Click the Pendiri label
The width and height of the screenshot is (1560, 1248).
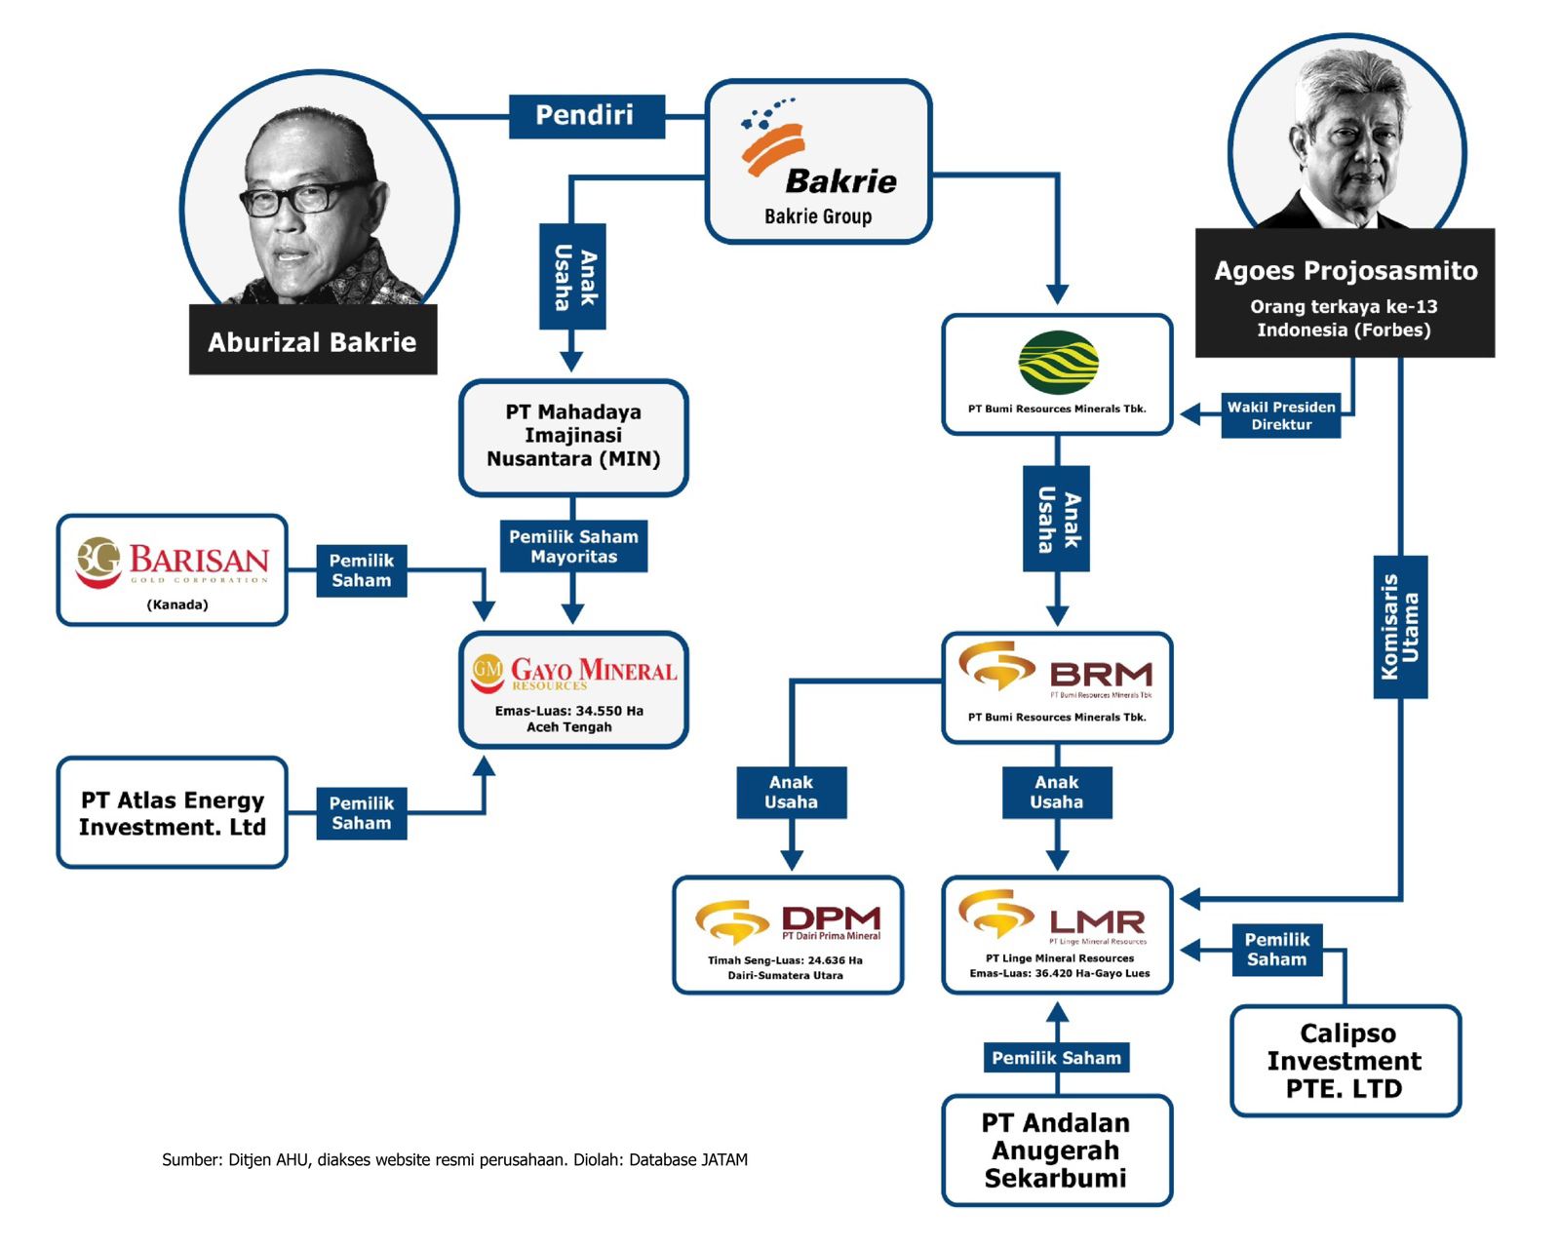pyautogui.click(x=586, y=116)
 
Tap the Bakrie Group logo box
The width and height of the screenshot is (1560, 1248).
pyautogui.click(x=818, y=162)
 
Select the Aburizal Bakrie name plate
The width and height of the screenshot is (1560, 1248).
pyautogui.click(x=312, y=341)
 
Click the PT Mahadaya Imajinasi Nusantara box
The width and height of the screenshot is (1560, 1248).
pyautogui.click(x=573, y=437)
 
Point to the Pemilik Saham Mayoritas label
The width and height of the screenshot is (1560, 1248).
pyautogui.click(x=573, y=546)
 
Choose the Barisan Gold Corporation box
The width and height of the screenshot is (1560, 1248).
pyautogui.click(x=173, y=570)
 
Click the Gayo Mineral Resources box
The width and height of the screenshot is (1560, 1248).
pyautogui.click(x=573, y=690)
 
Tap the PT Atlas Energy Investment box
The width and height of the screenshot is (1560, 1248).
pyautogui.click(x=173, y=812)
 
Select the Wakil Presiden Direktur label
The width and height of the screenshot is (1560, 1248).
pyautogui.click(x=1281, y=415)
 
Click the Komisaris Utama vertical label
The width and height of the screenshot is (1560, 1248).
pyautogui.click(x=1400, y=627)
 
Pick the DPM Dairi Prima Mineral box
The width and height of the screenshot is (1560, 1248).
pyautogui.click(x=788, y=935)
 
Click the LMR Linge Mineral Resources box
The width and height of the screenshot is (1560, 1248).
pyautogui.click(x=1057, y=935)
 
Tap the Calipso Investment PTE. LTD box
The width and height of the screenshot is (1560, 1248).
pyautogui.click(x=1345, y=1061)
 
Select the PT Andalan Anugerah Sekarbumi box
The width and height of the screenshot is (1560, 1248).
pyautogui.click(x=1057, y=1150)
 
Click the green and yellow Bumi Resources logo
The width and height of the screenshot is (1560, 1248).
pyautogui.click(x=1058, y=363)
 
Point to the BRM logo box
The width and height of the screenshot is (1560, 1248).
pyautogui.click(x=1057, y=688)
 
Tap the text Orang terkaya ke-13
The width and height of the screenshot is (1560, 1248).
pyautogui.click(x=1344, y=307)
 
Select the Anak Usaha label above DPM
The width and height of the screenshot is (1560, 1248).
pyautogui.click(x=791, y=792)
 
